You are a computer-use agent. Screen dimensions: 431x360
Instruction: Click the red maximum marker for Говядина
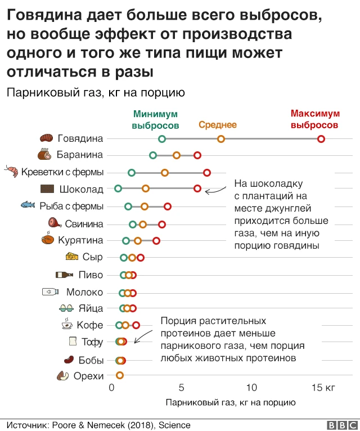[x=321, y=139]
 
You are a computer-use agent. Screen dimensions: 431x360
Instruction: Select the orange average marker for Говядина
[x=221, y=139]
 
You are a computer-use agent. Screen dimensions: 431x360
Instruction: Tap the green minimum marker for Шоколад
[x=118, y=188]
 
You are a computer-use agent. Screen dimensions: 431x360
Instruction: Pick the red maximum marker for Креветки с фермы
[x=207, y=172]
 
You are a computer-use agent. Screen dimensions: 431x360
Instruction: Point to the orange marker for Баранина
[x=177, y=155]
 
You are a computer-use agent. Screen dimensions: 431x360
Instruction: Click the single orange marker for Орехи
[x=119, y=375]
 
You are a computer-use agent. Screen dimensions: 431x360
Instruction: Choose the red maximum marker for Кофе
[x=136, y=325]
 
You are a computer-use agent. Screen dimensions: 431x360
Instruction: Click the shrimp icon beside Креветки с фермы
[x=11, y=172]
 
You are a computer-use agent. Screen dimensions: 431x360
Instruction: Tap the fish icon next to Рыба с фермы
[x=28, y=205]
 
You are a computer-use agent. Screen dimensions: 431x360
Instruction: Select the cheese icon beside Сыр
[x=72, y=257]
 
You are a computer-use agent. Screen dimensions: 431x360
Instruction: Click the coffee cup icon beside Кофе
[x=66, y=324]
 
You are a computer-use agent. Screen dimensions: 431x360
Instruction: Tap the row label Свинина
[x=84, y=224]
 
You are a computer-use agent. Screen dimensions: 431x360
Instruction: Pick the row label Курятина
[x=80, y=241]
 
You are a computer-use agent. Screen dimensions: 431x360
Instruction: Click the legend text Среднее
[x=218, y=125]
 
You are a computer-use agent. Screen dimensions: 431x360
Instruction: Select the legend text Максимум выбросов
[x=316, y=119]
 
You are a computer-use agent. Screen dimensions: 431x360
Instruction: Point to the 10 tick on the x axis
[x=251, y=388]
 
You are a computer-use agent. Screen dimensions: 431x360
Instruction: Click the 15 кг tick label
[x=323, y=388]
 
